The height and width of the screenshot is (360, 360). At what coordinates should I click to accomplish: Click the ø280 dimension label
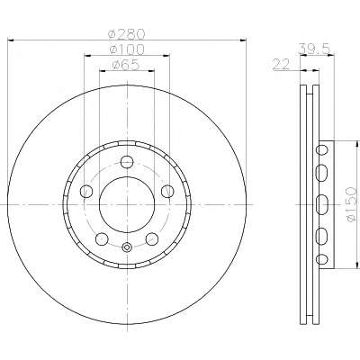(x=127, y=33)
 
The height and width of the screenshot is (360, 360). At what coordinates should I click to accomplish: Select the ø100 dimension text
(x=127, y=49)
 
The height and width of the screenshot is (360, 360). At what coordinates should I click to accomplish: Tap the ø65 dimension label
(x=126, y=65)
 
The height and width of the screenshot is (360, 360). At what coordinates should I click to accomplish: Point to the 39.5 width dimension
(x=314, y=49)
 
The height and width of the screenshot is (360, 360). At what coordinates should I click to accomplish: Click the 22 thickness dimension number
(x=281, y=64)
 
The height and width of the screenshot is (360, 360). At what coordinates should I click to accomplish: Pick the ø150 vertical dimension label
(x=351, y=205)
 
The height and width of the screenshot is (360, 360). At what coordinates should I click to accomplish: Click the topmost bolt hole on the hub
(x=127, y=162)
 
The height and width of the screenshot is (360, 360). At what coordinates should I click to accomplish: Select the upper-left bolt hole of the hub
(x=86, y=191)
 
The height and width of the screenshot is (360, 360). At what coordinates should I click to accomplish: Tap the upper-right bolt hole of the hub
(x=167, y=191)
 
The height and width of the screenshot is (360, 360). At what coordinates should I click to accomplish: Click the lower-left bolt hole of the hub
(x=102, y=238)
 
